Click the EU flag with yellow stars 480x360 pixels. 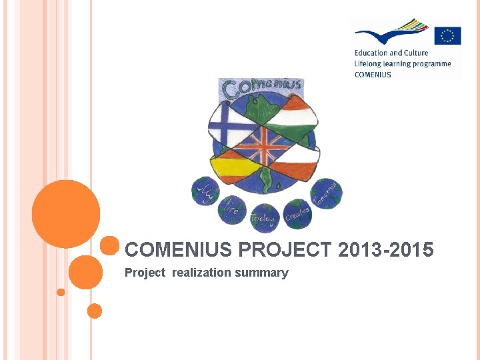point(447,35)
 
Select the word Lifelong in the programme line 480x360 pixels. point(369,64)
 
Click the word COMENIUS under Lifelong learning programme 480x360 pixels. point(373,75)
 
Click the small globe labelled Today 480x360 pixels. point(265,217)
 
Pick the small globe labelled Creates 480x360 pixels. point(297,213)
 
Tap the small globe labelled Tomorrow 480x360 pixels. point(326,193)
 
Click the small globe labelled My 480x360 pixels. point(205,191)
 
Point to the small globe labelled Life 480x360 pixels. point(232,208)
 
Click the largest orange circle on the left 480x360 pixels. point(66,214)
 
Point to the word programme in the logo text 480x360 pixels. point(429,64)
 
